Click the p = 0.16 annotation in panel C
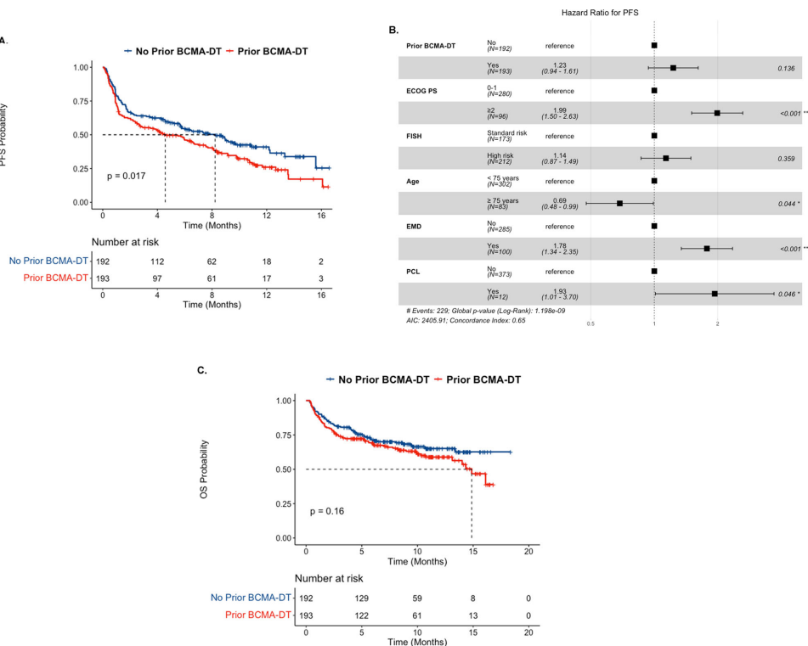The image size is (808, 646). [327, 511]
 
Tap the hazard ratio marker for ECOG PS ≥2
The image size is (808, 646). [717, 113]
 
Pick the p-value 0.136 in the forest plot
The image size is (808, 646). [790, 68]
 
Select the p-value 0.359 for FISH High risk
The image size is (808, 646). [790, 158]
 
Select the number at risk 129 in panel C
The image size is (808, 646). [361, 598]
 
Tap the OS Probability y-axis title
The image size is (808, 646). [205, 468]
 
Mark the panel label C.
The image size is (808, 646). [202, 370]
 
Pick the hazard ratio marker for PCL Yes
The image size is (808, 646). [715, 293]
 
